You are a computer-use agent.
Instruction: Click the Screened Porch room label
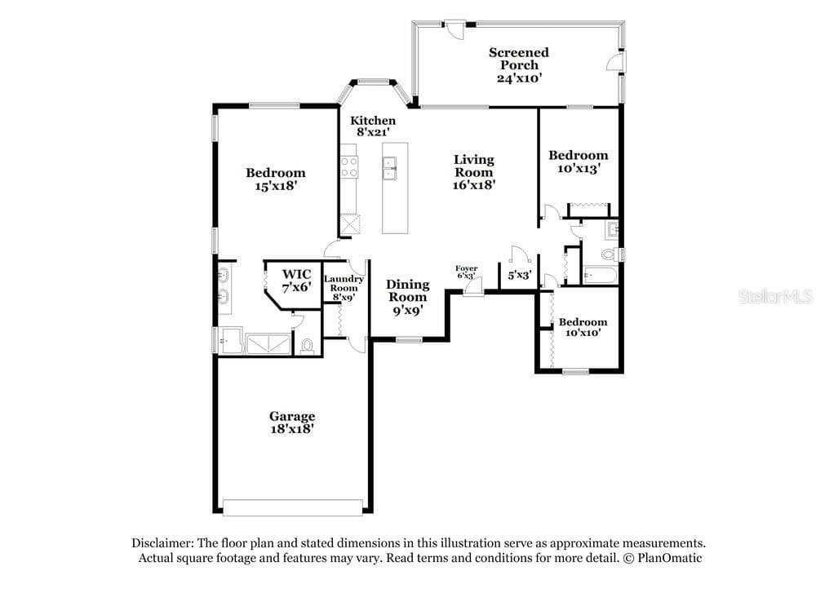[519, 59]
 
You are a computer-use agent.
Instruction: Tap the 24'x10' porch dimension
[519, 78]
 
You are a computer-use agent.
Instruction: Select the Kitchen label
[373, 121]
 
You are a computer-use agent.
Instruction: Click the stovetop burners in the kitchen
[349, 166]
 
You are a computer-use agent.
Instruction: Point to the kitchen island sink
[389, 168]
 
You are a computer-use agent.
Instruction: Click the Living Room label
[473, 166]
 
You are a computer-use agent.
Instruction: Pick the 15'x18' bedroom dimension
[275, 186]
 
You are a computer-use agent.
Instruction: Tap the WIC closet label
[297, 274]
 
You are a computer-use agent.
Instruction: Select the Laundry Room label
[344, 284]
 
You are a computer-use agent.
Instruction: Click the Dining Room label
[407, 290]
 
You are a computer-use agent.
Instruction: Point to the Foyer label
[466, 268]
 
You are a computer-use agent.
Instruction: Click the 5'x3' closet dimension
[519, 275]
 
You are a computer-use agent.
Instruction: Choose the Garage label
[292, 416]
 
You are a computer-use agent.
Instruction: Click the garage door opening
[292, 507]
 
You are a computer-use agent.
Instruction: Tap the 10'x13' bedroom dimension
[579, 169]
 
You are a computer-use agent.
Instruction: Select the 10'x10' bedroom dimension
[583, 333]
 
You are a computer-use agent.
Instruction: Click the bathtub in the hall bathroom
[600, 275]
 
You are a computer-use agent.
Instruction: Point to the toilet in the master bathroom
[307, 346]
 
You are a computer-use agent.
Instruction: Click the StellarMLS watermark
[775, 297]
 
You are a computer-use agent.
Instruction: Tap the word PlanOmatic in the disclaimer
[670, 558]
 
